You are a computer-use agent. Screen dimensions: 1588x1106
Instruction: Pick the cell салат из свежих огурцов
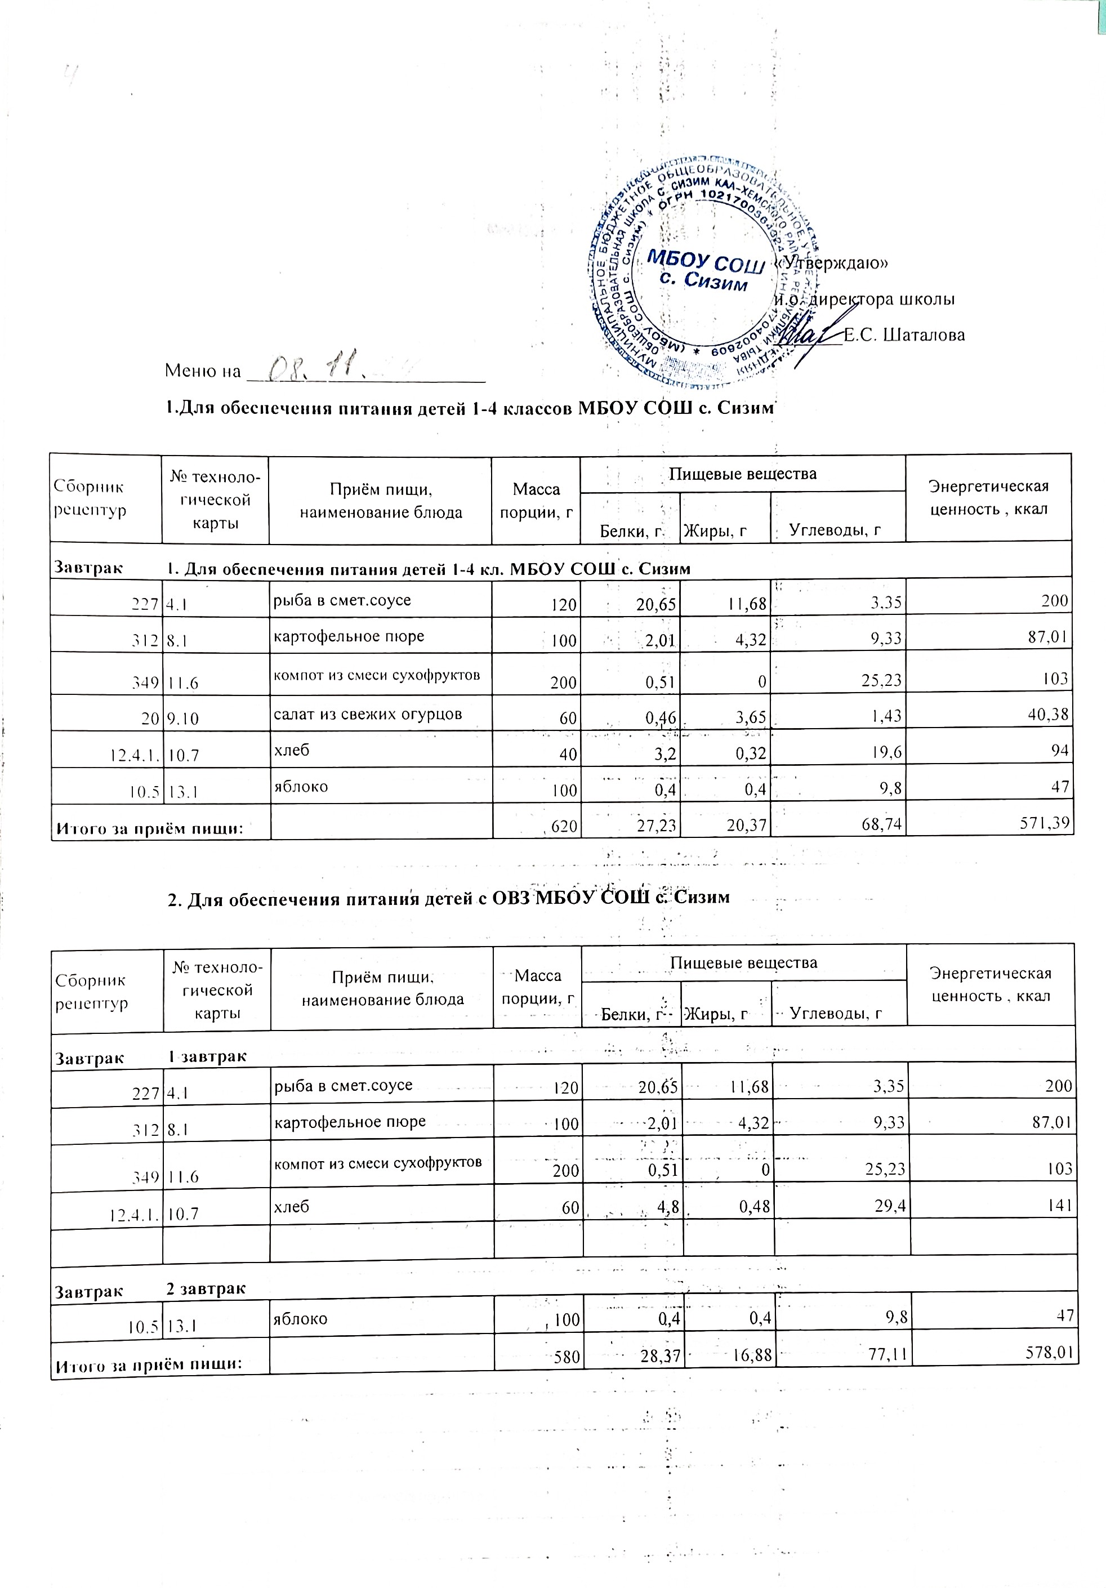[x=368, y=714]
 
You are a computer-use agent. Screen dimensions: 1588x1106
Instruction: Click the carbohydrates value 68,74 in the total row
[x=878, y=823]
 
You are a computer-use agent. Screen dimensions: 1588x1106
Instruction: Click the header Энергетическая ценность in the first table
[x=988, y=497]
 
